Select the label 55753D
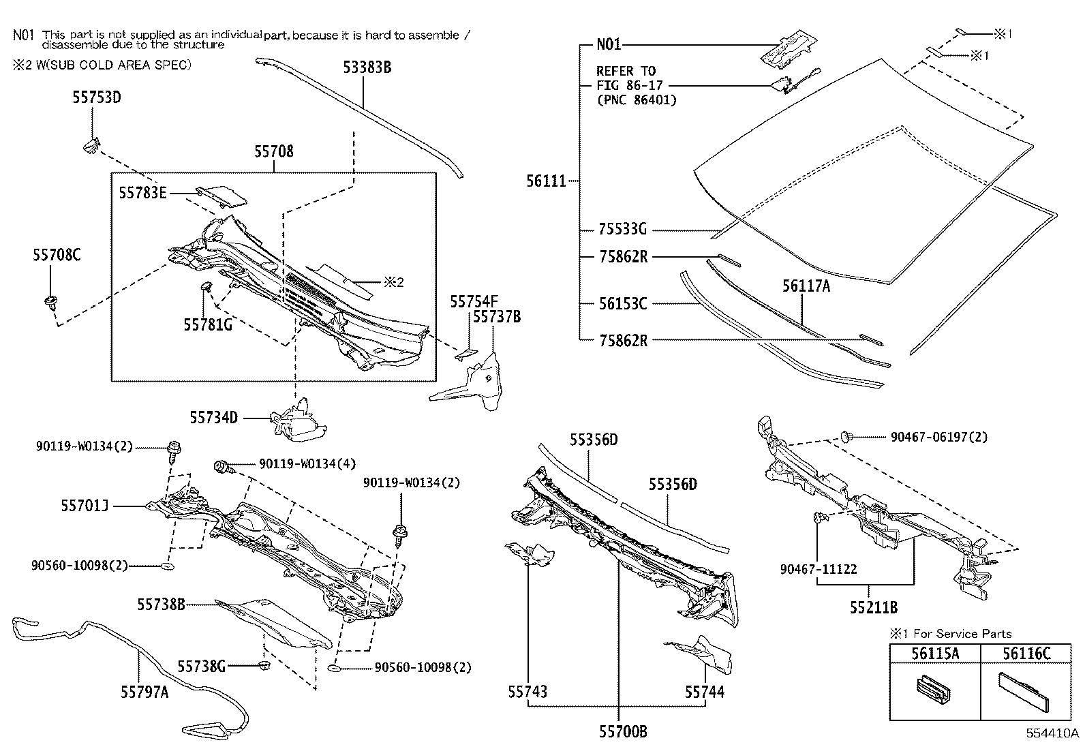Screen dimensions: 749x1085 click(x=96, y=97)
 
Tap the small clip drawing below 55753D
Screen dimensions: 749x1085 click(x=91, y=145)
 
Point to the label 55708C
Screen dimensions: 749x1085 click(x=57, y=255)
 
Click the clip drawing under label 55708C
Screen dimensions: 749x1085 click(x=50, y=302)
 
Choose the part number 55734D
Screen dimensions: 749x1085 click(x=213, y=417)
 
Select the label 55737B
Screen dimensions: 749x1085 click(x=496, y=316)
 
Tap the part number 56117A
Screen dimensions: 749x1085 click(x=806, y=286)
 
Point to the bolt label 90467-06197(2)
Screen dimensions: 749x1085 click(x=938, y=437)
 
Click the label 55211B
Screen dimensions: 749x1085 click(x=873, y=607)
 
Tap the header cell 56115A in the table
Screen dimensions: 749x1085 click(x=935, y=654)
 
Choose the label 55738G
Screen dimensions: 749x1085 click(x=201, y=666)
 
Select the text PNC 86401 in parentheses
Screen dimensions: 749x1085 click(x=637, y=100)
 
